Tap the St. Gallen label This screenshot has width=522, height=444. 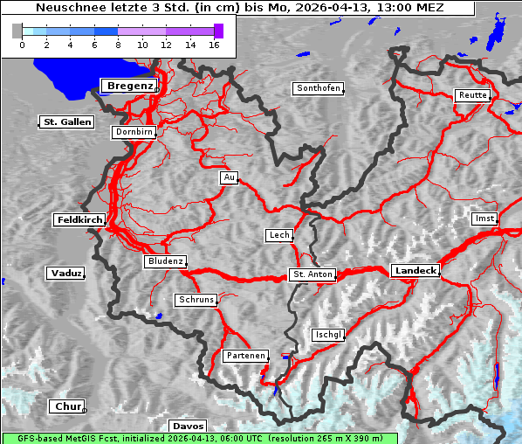[66, 122]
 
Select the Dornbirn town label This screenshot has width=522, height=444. [134, 133]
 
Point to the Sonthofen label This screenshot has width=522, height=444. [318, 89]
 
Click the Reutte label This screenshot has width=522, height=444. [471, 95]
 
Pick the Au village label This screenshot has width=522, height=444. [229, 178]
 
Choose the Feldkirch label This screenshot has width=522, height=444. [79, 220]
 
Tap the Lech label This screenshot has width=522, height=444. [278, 235]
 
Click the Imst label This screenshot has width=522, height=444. [483, 219]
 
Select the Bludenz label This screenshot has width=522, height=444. [165, 261]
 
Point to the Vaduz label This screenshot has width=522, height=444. [65, 274]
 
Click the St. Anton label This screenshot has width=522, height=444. [312, 274]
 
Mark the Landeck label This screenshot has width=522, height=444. [415, 271]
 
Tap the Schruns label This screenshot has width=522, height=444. [196, 300]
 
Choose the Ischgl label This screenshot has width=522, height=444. [328, 335]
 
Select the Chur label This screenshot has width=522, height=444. [66, 406]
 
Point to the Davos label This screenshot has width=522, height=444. [188, 427]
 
